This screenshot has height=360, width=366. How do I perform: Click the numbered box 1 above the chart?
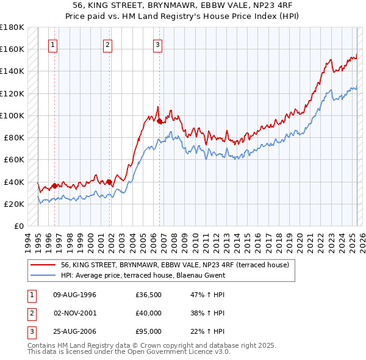tap(53, 44)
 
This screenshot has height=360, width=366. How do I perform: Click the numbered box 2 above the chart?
tap(107, 44)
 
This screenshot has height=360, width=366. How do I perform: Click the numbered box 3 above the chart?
tap(157, 44)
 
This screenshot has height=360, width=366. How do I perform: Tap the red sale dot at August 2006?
tap(159, 121)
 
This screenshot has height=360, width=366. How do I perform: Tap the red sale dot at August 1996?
tap(54, 185)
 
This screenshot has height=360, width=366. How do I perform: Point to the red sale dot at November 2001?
tap(109, 182)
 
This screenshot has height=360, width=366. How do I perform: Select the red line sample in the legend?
tap(43, 265)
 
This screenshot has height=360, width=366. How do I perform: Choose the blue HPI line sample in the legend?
tap(43, 275)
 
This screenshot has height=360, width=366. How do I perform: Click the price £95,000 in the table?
tap(149, 333)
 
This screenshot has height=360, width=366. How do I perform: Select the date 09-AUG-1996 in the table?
tap(75, 295)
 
